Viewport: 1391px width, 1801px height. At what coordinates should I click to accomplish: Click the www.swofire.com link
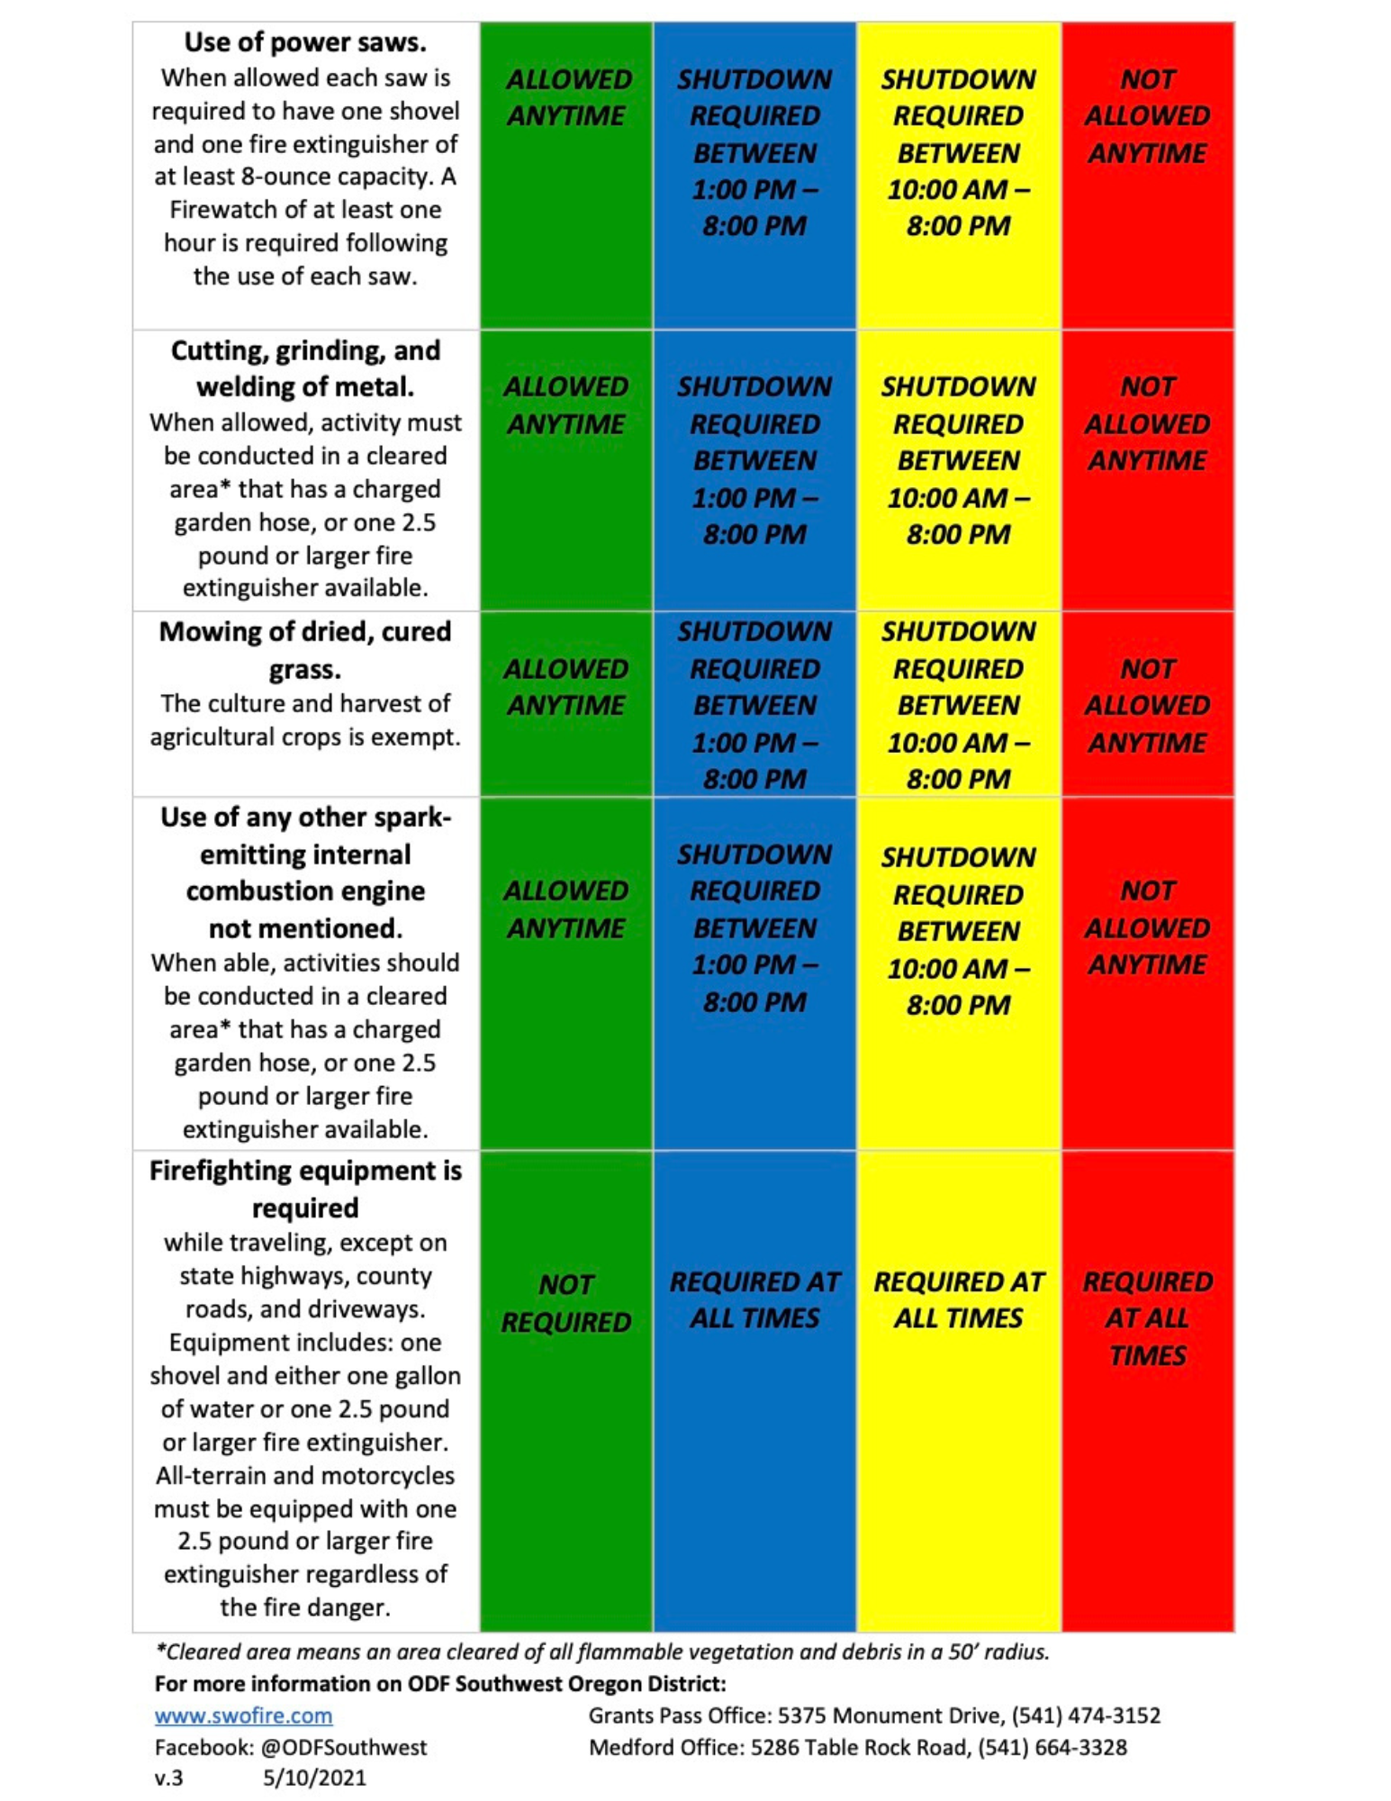tap(243, 1715)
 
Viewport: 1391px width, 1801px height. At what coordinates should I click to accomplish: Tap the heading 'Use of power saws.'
tap(305, 42)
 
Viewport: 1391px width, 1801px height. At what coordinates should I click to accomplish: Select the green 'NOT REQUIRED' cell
tap(565, 1302)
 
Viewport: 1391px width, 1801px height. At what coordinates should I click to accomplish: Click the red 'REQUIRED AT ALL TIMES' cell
tap(1147, 1317)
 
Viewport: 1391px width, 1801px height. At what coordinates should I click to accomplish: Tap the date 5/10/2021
tap(314, 1778)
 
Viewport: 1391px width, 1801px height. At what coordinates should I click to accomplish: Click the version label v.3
tap(168, 1778)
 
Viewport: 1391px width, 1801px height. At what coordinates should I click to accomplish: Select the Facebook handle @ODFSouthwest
tap(344, 1747)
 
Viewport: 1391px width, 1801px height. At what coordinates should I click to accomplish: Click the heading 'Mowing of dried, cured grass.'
tap(305, 650)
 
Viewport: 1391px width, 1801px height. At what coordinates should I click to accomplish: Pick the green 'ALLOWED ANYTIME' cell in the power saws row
tap(566, 97)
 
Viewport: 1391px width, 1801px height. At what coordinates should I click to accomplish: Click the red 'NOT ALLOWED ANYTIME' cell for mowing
tap(1147, 705)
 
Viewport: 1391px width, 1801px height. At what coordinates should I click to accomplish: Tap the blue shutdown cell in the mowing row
tap(754, 705)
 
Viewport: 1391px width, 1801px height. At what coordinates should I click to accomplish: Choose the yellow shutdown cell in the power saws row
tap(958, 152)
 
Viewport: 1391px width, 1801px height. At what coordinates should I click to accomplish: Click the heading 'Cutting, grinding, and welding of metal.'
tap(305, 368)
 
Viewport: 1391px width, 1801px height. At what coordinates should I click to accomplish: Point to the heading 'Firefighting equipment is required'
tap(305, 1189)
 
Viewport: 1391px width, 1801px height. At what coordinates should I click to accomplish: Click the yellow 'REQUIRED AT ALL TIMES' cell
tap(958, 1299)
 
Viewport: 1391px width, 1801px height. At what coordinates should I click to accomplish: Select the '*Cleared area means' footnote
tap(602, 1652)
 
